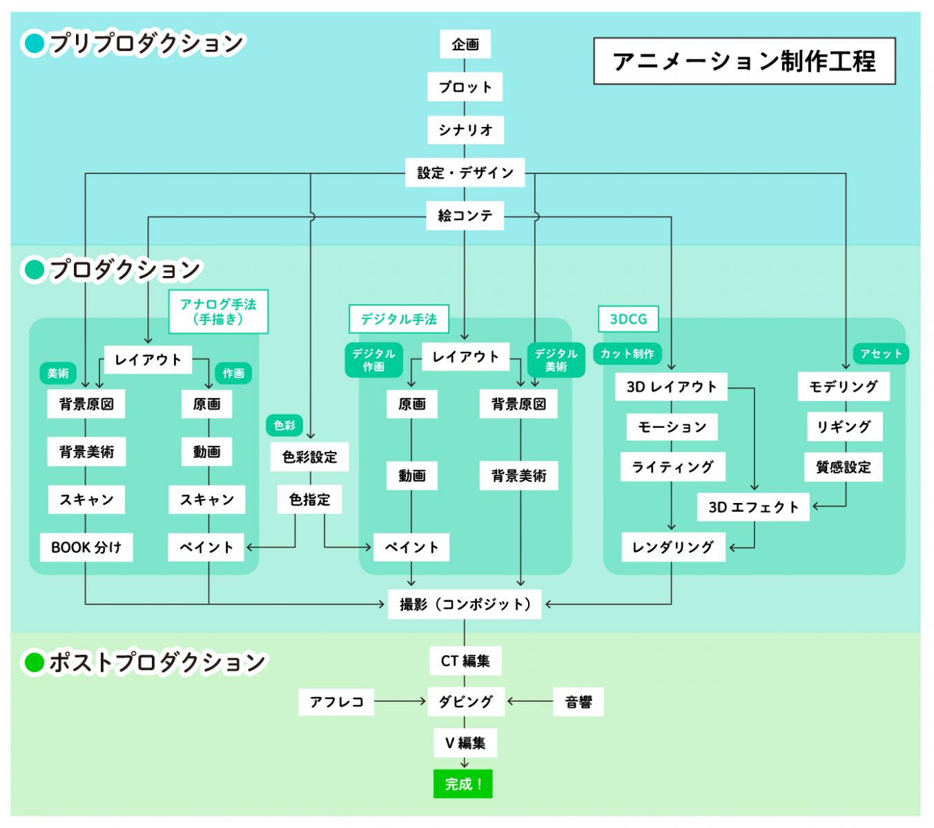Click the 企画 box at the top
pyautogui.click(x=465, y=44)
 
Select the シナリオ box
pyautogui.click(x=465, y=130)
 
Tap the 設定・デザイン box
pyautogui.click(x=465, y=172)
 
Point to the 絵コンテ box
pyautogui.click(x=465, y=215)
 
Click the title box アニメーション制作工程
pyautogui.click(x=744, y=61)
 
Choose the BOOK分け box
pyautogui.click(x=86, y=547)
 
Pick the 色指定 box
pyautogui.click(x=310, y=500)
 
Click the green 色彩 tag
pyautogui.click(x=284, y=425)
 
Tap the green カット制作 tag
pyautogui.click(x=627, y=354)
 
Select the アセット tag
pyautogui.click(x=881, y=354)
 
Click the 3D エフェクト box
pyautogui.click(x=753, y=507)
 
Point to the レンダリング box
pyautogui.click(x=673, y=547)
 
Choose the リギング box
pyautogui.click(x=844, y=427)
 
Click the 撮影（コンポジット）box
pyautogui.click(x=465, y=604)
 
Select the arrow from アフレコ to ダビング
pyautogui.click(x=400, y=702)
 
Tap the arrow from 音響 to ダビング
pyautogui.click(x=530, y=702)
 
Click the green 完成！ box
pyautogui.click(x=463, y=784)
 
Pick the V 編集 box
pyautogui.click(x=465, y=743)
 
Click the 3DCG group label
pyautogui.click(x=628, y=319)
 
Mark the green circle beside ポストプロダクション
pyautogui.click(x=34, y=662)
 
